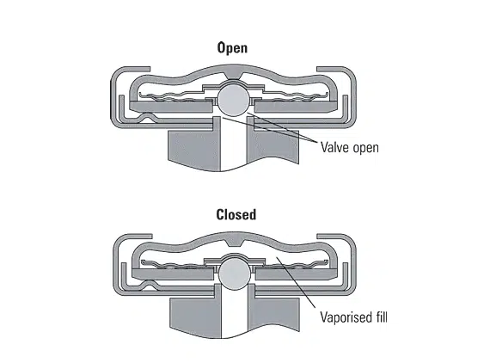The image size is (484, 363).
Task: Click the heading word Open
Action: pos(232,48)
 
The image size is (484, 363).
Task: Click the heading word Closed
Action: pos(236,214)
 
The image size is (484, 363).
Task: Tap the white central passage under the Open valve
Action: pos(234,145)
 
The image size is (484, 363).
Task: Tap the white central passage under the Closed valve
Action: pos(235,312)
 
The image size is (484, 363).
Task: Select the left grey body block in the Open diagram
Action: pos(194,151)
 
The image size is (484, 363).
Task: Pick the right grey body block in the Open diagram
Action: pos(273,146)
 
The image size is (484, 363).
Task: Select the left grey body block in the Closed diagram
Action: pos(196,317)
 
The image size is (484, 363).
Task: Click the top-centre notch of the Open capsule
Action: pos(233,75)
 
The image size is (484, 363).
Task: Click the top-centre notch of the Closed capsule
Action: pos(235,243)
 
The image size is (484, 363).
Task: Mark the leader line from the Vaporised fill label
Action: pos(296,282)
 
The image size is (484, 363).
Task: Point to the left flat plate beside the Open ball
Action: pos(171,107)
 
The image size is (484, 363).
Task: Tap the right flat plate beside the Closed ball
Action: pos(297,274)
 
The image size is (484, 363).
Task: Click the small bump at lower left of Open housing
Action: pos(148,116)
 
